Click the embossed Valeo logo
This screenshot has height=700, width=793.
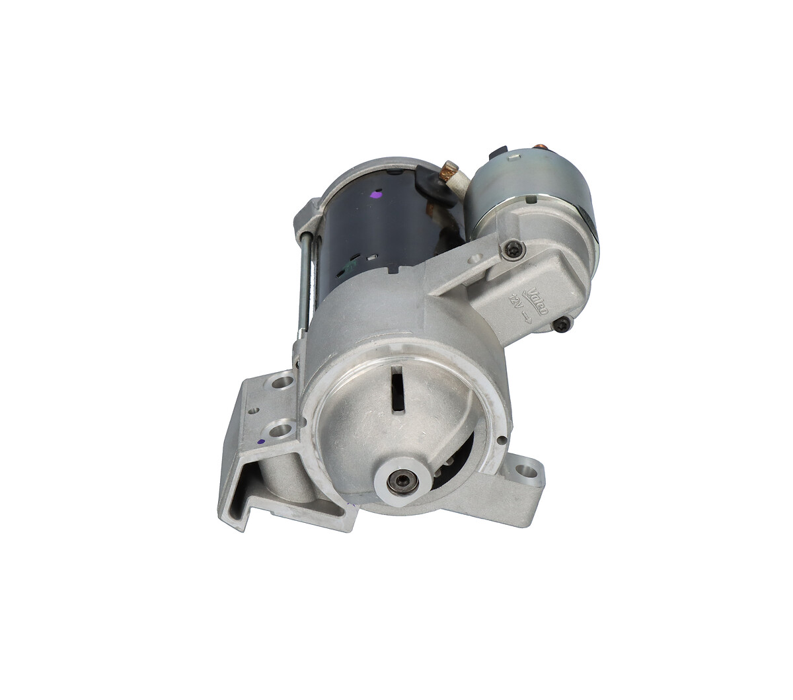click(x=538, y=301)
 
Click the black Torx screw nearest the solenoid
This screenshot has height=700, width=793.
click(x=513, y=249)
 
